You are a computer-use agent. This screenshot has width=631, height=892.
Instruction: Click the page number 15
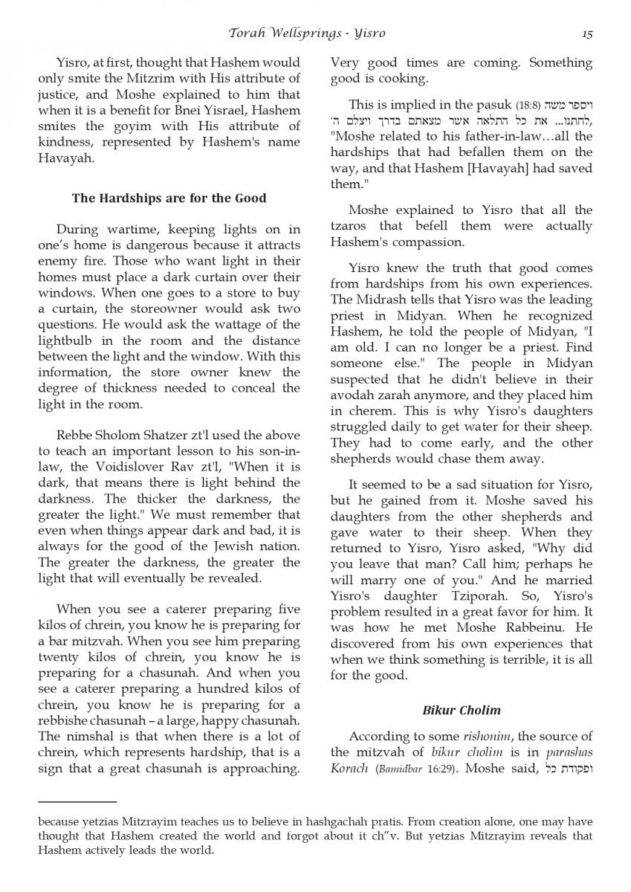click(x=587, y=33)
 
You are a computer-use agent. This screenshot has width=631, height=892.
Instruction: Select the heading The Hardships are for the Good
click(x=169, y=198)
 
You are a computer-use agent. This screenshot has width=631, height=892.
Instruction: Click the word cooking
click(x=401, y=79)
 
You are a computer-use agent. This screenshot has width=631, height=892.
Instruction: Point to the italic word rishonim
click(x=484, y=737)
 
